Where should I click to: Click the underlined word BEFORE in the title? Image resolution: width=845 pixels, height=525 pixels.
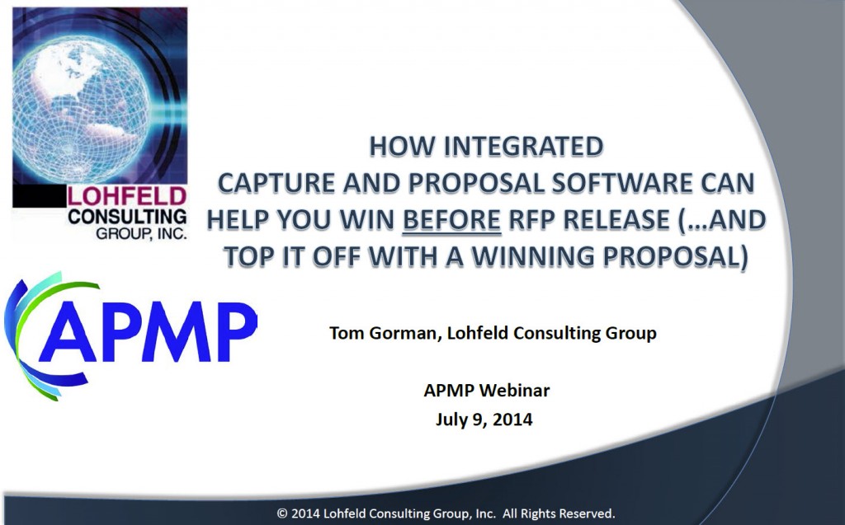tap(451, 220)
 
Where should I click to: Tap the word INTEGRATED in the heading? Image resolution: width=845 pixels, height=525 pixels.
tap(523, 147)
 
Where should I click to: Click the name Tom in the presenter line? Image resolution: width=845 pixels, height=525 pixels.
tap(345, 333)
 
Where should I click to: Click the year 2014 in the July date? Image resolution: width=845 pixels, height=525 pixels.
tap(512, 419)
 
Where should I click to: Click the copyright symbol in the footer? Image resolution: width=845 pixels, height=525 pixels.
tap(282, 513)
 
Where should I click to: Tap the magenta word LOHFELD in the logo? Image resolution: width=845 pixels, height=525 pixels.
tap(126, 196)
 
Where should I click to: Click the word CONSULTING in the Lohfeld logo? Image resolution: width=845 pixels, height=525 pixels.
tap(127, 217)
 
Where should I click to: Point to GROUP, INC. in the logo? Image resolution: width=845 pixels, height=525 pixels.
tap(141, 233)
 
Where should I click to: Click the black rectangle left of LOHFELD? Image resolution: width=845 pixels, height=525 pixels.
tap(39, 196)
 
